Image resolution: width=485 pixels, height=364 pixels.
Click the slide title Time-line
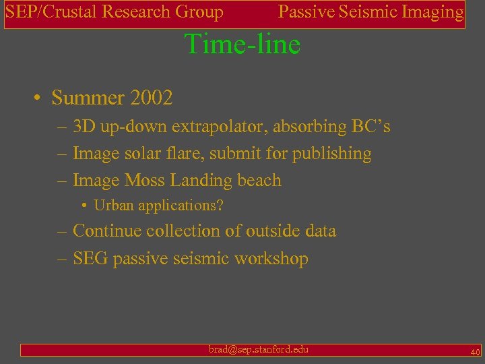pos(243,44)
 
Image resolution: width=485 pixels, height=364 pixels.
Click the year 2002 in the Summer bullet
pos(152,98)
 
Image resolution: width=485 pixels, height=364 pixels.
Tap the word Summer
pos(88,98)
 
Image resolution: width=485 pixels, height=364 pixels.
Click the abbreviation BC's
pos(370,127)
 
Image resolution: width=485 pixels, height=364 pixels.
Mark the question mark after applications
pos(220,206)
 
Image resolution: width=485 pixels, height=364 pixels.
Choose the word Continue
pos(108,231)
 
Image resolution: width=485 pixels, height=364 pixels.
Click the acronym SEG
pos(90,259)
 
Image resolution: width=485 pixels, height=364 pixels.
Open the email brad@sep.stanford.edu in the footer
pos(259,349)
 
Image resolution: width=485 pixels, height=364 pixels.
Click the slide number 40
pos(475,353)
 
